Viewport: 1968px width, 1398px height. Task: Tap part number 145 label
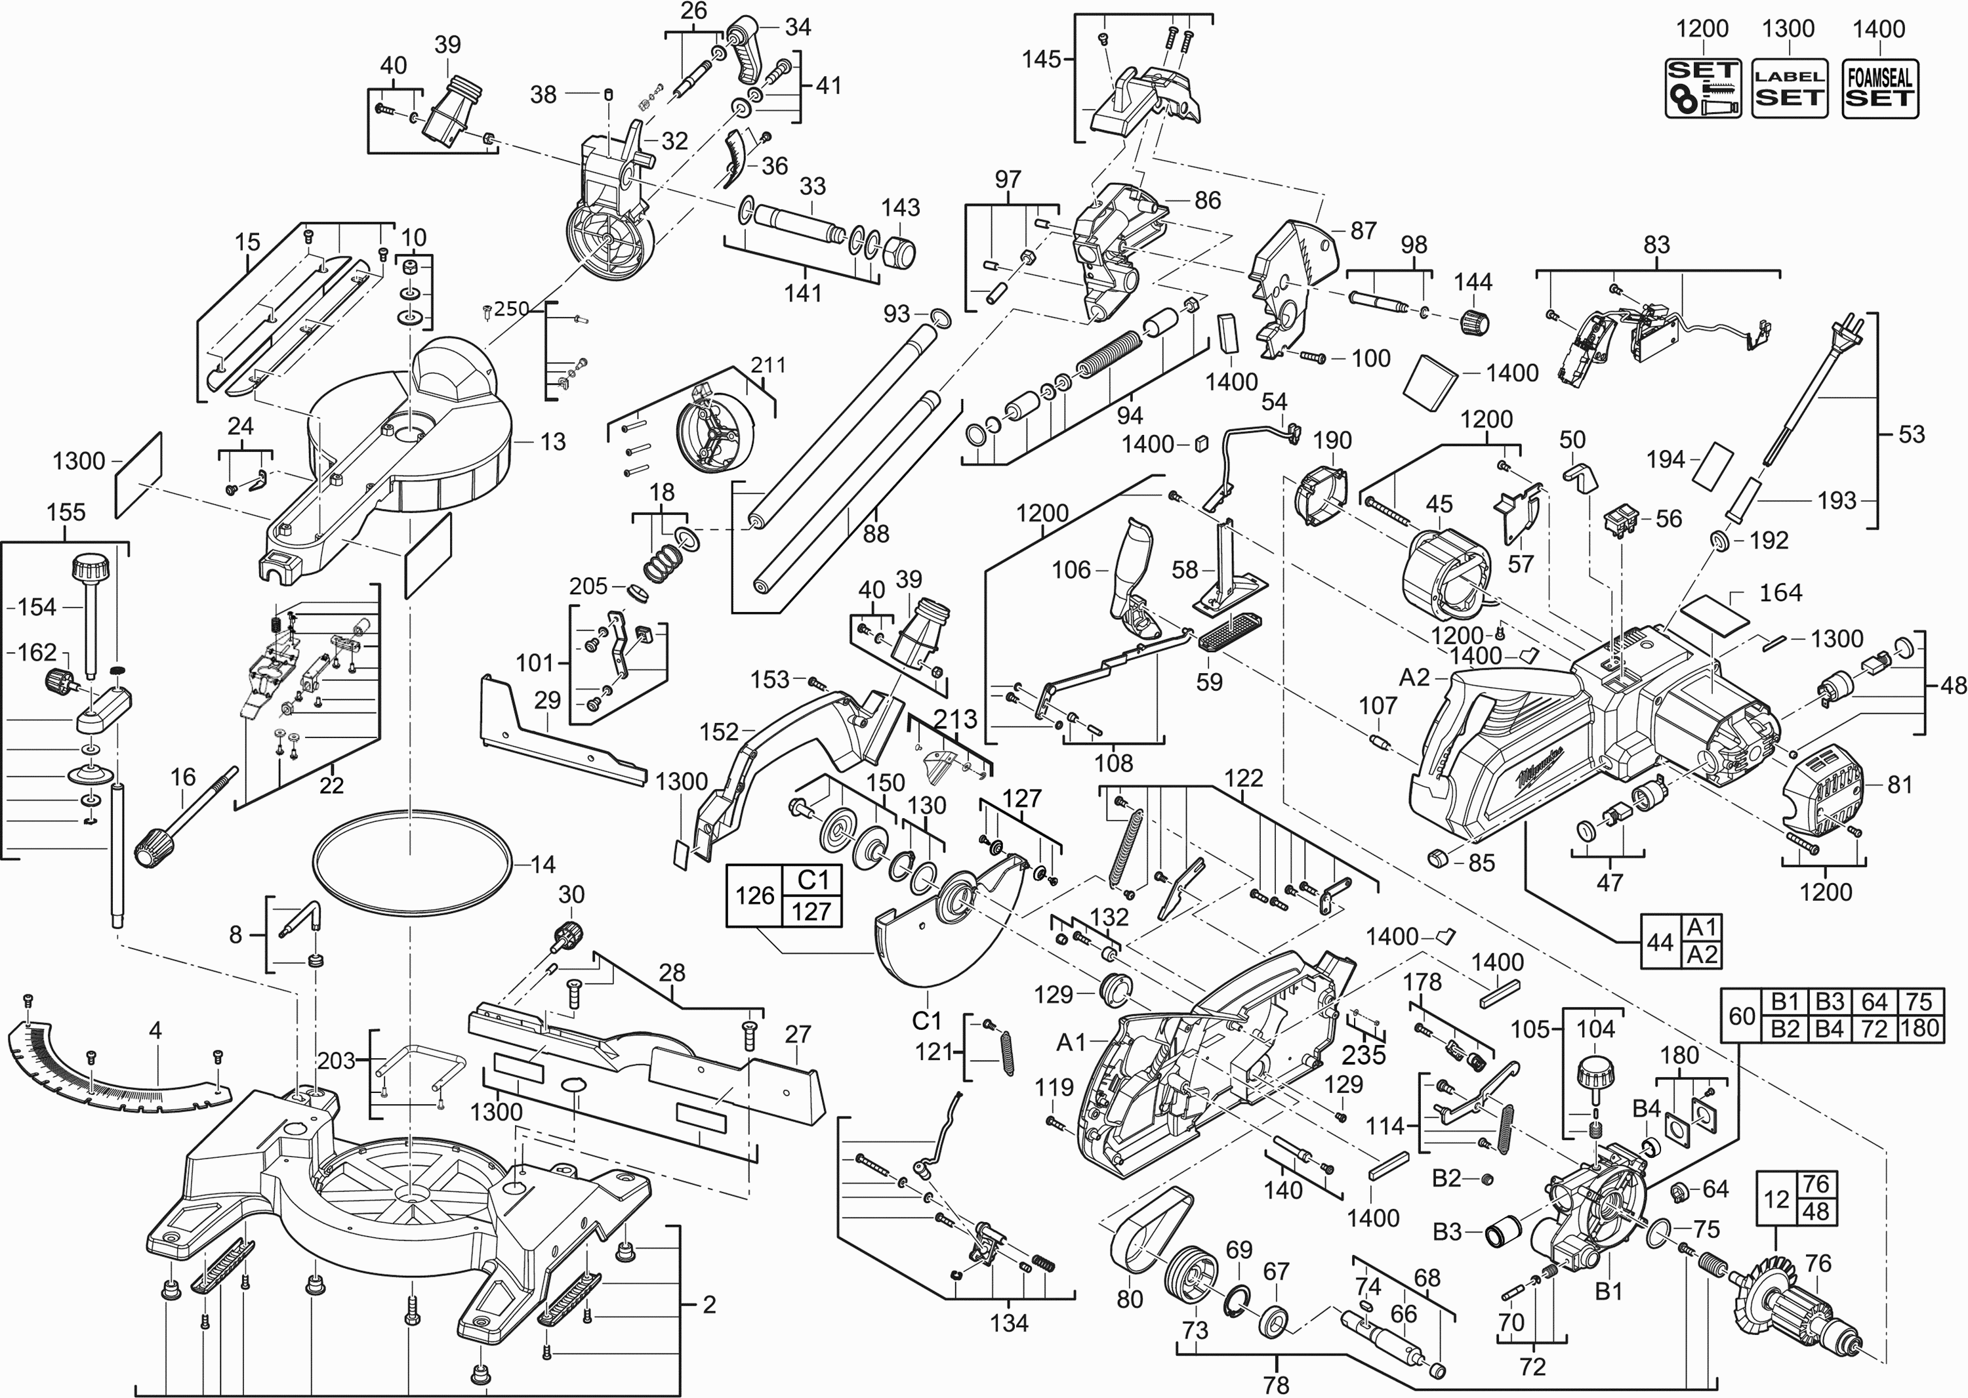1041,60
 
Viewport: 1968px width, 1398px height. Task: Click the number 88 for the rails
876,535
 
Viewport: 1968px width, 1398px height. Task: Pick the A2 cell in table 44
1702,954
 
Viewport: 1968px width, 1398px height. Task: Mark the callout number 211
768,365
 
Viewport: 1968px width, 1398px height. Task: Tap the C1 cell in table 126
812,880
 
